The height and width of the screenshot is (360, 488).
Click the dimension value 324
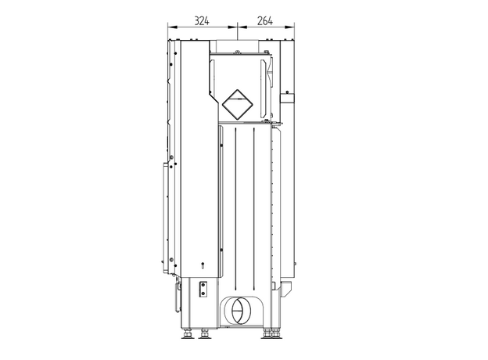[202, 21]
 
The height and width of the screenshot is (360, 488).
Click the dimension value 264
[265, 21]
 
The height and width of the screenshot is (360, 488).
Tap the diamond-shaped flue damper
[237, 105]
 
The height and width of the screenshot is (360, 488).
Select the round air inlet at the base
[241, 310]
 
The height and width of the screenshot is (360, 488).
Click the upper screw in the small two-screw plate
[203, 285]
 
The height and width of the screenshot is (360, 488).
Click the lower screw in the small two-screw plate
[203, 293]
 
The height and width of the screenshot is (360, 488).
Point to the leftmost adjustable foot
[187, 333]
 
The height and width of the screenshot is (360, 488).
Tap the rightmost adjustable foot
[276, 333]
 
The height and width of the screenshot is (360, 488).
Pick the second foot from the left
[204, 333]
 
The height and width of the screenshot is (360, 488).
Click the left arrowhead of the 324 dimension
[172, 27]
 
